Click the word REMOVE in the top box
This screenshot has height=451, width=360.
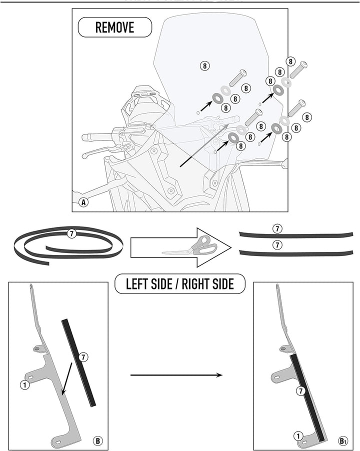(x=114, y=27)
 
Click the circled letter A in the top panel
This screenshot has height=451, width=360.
(x=83, y=202)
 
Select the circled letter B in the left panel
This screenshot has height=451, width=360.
(x=98, y=440)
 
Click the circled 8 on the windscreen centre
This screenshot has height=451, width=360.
(x=204, y=66)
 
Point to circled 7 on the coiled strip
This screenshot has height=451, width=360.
(x=71, y=233)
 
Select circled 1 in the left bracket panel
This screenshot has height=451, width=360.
(x=25, y=384)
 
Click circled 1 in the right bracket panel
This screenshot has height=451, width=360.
(x=298, y=436)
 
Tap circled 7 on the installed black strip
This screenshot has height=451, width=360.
(x=301, y=391)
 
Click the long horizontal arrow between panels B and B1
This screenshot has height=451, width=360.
(x=176, y=375)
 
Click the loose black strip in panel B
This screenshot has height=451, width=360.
(x=78, y=362)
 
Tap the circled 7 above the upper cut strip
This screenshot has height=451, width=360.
(x=277, y=229)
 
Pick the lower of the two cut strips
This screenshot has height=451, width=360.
(x=296, y=253)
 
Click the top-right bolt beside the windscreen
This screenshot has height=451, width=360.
(x=298, y=69)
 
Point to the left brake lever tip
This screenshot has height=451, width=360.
(x=84, y=156)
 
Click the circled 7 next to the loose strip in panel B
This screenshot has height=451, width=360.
(x=83, y=357)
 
